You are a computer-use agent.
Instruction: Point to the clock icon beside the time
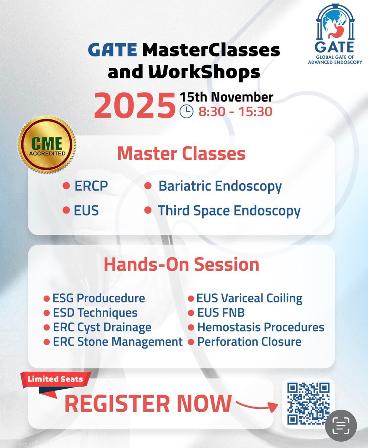186,112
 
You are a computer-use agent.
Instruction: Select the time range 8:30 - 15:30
235,112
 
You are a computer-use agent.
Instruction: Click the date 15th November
226,97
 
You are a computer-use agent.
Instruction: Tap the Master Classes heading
181,154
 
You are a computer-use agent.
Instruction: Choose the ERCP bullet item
91,186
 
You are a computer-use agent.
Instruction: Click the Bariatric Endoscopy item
220,186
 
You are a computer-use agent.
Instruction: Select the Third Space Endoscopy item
229,211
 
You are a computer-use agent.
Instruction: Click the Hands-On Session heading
181,264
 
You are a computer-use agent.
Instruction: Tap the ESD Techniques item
95,313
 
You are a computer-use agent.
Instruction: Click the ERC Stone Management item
117,341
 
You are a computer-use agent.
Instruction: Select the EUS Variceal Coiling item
250,298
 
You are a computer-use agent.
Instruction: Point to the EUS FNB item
221,313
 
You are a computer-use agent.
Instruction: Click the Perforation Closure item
249,341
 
